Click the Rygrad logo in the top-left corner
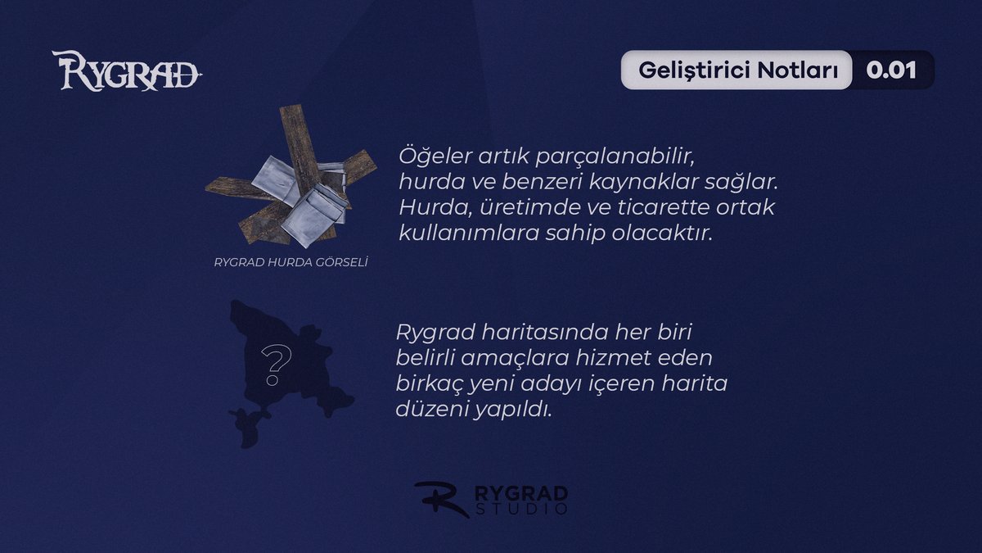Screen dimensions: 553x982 (x=127, y=71)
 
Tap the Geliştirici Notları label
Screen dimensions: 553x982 (x=737, y=70)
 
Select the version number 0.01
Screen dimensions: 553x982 (x=891, y=70)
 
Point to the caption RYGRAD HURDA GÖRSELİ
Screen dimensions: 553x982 (x=291, y=263)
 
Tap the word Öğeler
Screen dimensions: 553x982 (x=431, y=156)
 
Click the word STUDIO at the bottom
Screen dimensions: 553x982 (x=521, y=510)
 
